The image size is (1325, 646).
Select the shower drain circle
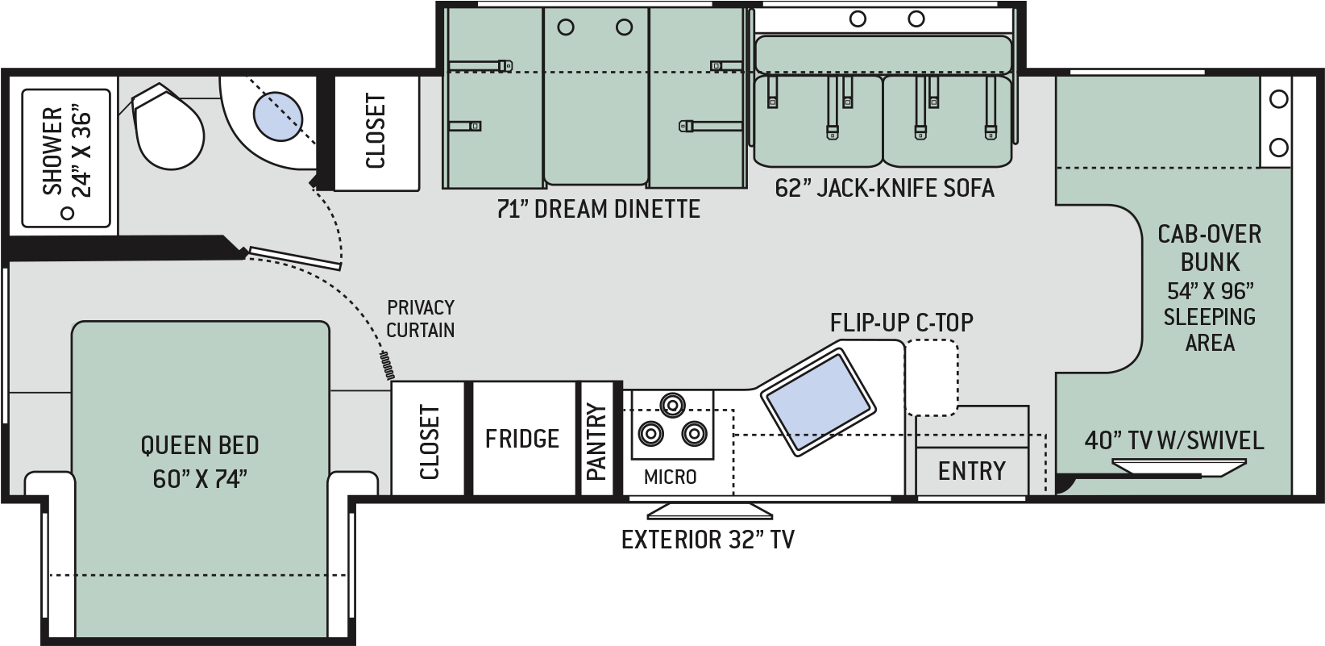coord(68,213)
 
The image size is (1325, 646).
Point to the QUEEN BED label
coord(200,445)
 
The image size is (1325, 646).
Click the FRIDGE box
coord(524,438)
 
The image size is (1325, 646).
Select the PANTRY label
coord(597,441)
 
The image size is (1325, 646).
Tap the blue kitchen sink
coord(818,403)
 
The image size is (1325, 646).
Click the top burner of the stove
coord(672,406)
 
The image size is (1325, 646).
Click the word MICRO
coord(671,477)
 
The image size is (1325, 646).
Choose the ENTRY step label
coord(972,471)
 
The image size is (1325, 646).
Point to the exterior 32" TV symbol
coord(710,511)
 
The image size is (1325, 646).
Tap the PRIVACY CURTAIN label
coord(421,319)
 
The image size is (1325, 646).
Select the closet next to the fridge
coord(428,438)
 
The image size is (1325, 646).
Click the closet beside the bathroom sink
coord(377,131)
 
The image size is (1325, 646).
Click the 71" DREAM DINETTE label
coord(598,209)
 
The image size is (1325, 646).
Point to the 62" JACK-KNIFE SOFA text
coord(884,188)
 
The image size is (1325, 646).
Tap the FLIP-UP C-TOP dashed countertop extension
coord(932,377)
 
